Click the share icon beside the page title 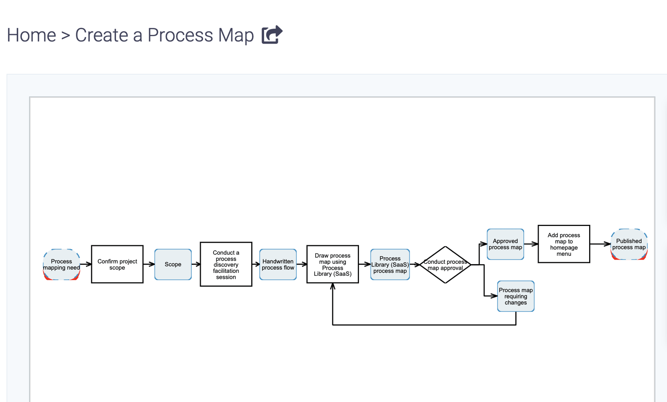(272, 35)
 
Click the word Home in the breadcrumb (31, 35)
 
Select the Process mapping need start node (62, 265)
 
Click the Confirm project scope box (117, 265)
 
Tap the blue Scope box (173, 265)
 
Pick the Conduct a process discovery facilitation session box (226, 265)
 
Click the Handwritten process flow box (278, 265)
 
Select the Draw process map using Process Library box (333, 265)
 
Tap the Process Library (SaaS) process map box (390, 265)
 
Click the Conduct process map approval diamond (445, 265)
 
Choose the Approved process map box (505, 244)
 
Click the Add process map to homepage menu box (564, 244)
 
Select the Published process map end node (629, 244)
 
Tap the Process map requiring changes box (516, 296)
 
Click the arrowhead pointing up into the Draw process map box (333, 287)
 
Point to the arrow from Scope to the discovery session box (196, 265)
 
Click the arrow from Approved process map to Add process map (531, 244)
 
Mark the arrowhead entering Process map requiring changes (494, 296)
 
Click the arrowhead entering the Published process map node (607, 244)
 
